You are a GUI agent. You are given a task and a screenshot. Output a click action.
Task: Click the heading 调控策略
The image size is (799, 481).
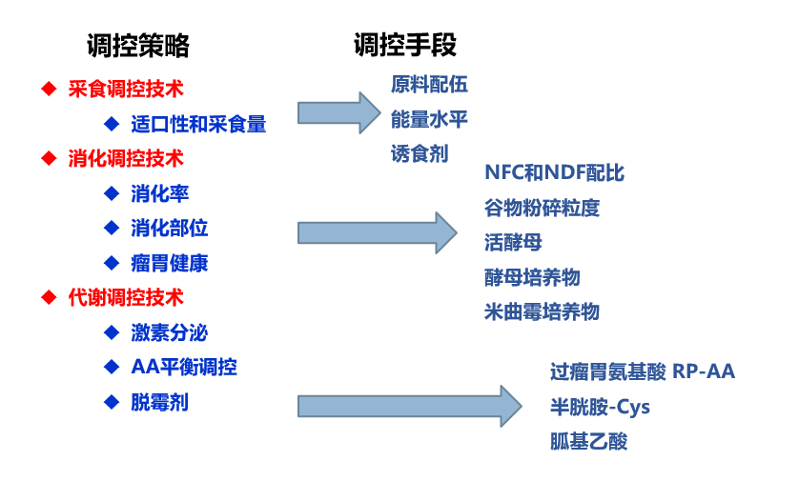point(137,46)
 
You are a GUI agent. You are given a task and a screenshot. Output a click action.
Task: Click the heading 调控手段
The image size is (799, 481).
point(404,46)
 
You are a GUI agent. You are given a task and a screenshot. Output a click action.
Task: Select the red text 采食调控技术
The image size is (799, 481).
point(126,89)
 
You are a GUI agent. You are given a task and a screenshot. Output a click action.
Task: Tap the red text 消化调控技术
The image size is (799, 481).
point(126,158)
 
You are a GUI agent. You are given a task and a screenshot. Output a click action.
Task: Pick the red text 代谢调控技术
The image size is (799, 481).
point(126,297)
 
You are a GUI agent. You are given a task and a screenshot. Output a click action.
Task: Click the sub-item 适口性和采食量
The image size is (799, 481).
point(198,124)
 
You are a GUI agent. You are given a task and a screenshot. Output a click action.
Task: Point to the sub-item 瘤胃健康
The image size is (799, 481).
point(170,263)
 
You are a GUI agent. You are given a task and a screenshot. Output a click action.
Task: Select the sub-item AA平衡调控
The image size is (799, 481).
point(184,367)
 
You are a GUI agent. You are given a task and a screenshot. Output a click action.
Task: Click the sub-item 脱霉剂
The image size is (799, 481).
point(160,402)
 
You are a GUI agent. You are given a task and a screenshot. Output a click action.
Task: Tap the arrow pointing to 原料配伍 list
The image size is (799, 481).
point(338,113)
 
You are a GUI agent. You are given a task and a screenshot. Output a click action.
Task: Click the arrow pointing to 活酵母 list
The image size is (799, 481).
point(378,232)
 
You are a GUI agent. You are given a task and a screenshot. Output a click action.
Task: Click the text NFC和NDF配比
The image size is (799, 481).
point(554,173)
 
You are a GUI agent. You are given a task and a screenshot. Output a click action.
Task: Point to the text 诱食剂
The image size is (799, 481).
point(420,153)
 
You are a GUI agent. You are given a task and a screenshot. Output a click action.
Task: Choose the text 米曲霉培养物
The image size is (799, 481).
point(542,311)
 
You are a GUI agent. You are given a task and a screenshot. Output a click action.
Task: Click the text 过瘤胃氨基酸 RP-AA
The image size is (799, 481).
point(643,371)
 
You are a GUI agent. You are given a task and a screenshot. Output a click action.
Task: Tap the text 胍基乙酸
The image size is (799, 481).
point(588,441)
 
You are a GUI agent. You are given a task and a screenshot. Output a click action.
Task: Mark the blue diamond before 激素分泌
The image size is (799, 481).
point(111,332)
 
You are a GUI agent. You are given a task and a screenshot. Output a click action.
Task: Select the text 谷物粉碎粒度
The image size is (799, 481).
point(542,208)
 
